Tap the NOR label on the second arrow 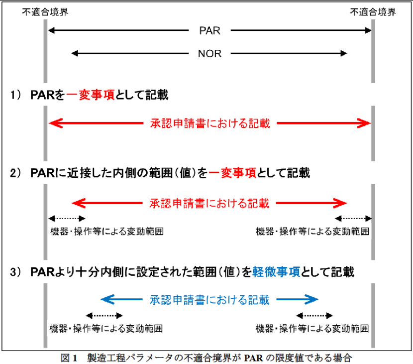(x=209, y=53)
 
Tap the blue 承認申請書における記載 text (x=209, y=300)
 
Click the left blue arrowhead (x=105, y=299)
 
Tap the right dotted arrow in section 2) (x=354, y=218)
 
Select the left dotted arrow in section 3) (x=104, y=315)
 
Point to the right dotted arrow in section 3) (x=314, y=315)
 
